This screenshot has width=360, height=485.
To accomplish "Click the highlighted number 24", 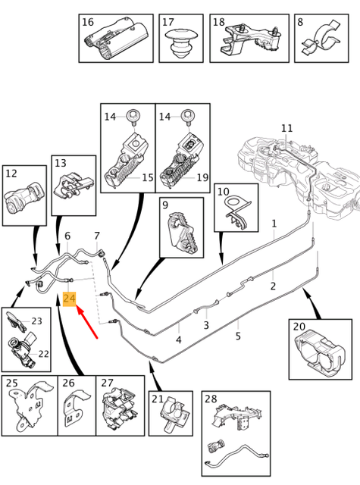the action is (69, 299).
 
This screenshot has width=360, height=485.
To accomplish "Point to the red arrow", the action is (87, 321).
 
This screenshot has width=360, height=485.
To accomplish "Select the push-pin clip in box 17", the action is (180, 42).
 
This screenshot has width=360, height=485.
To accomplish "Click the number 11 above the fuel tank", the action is (286, 128).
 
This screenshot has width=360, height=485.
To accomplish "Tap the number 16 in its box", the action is (88, 22).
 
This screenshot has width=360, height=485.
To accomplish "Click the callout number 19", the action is (202, 177).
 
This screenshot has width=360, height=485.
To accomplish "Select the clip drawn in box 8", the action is (321, 39).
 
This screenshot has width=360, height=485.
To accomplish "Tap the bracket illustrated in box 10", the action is (236, 213).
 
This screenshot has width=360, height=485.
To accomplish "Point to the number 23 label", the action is (36, 321).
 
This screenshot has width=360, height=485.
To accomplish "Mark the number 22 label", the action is (43, 354).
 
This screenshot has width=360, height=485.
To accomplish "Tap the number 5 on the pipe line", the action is (238, 336).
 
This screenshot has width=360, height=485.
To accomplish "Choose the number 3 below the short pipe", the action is (206, 325).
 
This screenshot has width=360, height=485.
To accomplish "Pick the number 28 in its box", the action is (211, 399).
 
